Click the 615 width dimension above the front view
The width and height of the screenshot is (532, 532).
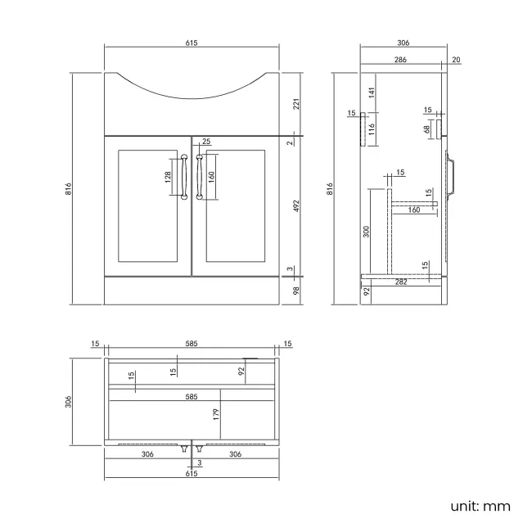(192, 42)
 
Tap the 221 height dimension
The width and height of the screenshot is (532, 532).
(296, 103)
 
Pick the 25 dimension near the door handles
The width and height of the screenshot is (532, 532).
(205, 142)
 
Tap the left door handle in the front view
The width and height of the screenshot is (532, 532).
(185, 176)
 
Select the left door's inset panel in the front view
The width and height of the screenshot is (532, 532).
(148, 204)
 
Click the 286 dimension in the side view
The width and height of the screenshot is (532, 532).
(400, 60)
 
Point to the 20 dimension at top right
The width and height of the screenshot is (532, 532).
(455, 60)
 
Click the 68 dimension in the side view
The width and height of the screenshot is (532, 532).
(427, 128)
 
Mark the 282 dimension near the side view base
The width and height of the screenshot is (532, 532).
(400, 282)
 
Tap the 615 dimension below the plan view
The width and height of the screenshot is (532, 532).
(192, 473)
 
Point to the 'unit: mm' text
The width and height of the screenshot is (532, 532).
(480, 507)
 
